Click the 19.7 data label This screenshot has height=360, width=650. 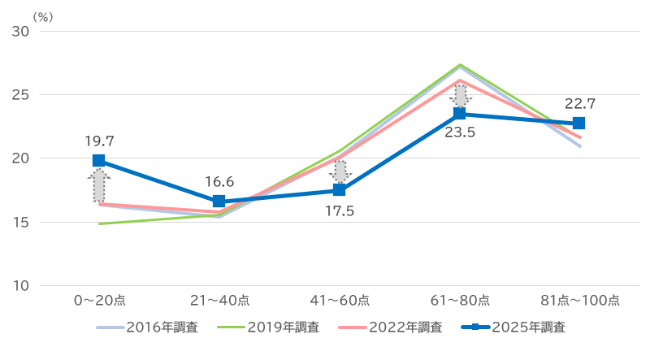[x=99, y=141]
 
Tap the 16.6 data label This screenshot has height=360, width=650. [x=219, y=181]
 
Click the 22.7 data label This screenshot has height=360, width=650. [x=579, y=103]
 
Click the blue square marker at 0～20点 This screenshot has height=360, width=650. [x=99, y=161]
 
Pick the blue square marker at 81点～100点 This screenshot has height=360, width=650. [x=579, y=124]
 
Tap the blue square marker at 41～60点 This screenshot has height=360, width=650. [x=340, y=190]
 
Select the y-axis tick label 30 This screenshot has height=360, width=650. [x=21, y=31]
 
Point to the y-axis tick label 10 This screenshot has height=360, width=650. [x=21, y=285]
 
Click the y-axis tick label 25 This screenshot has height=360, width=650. [x=21, y=94]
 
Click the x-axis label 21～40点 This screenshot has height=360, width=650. [x=219, y=301]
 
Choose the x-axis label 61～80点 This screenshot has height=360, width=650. [x=459, y=301]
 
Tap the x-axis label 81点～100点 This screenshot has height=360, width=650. [x=579, y=301]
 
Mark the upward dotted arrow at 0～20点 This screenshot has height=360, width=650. [x=99, y=185]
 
